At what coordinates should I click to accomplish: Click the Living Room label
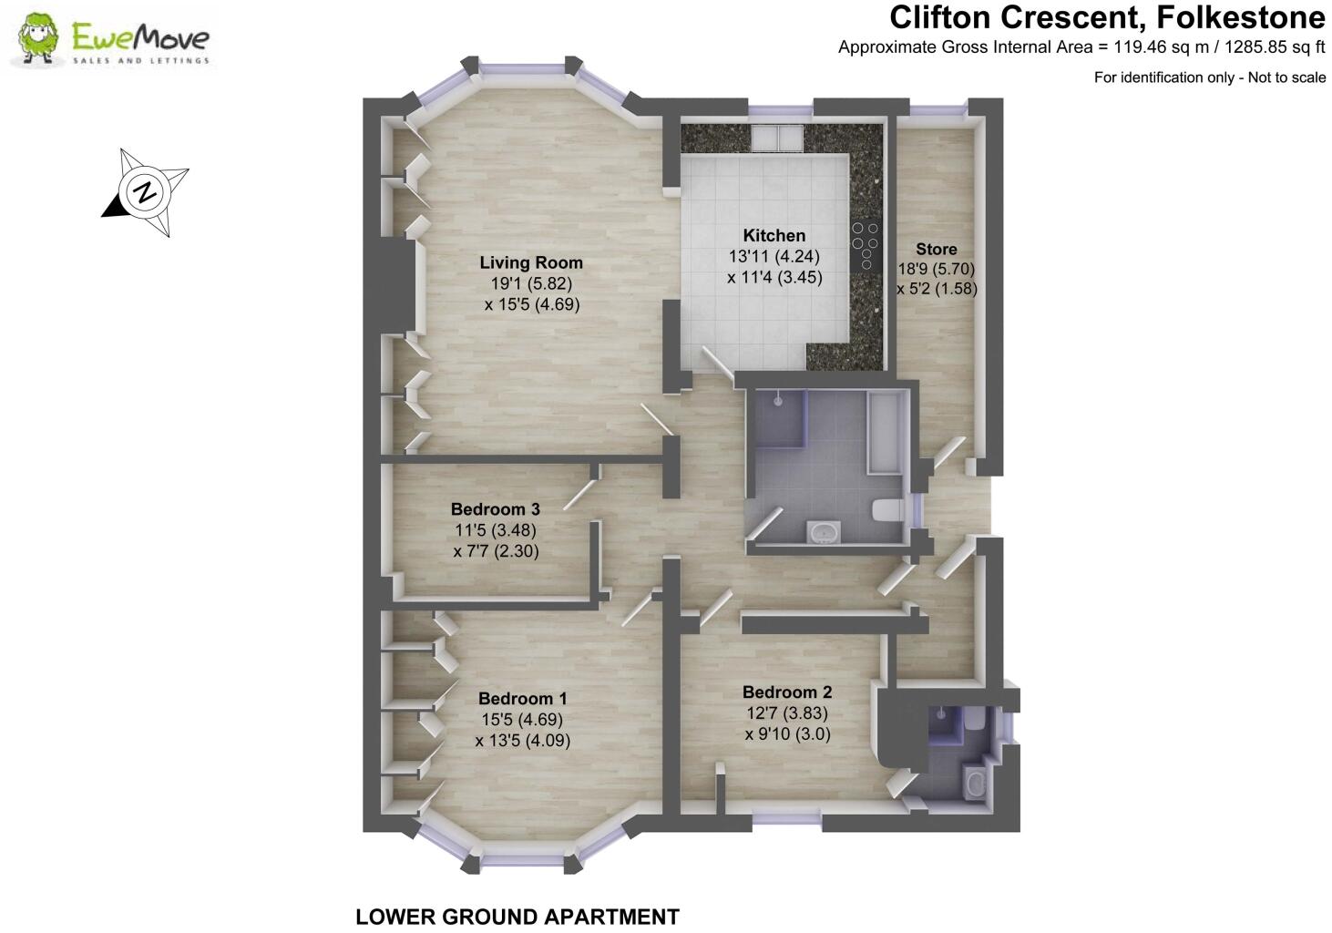pyautogui.click(x=531, y=262)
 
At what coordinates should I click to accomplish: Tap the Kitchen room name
pyautogui.click(x=774, y=235)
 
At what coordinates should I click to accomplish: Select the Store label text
pyautogui.click(x=936, y=249)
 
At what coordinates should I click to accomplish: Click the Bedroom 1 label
pyautogui.click(x=522, y=699)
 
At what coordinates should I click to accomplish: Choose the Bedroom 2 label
pyautogui.click(x=786, y=692)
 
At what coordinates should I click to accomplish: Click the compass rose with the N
pyautogui.click(x=144, y=192)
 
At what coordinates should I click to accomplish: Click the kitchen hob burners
pyautogui.click(x=865, y=241)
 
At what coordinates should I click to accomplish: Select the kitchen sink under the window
pyautogui.click(x=776, y=138)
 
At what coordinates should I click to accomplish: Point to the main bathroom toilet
pyautogui.click(x=886, y=510)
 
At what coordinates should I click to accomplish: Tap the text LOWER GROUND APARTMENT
pyautogui.click(x=517, y=917)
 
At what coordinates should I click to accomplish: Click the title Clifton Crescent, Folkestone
pyautogui.click(x=1107, y=17)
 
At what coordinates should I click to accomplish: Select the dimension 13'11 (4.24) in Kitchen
pyautogui.click(x=774, y=256)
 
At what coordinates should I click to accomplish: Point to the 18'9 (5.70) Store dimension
pyautogui.click(x=936, y=269)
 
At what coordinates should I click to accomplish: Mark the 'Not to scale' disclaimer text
pyautogui.click(x=1286, y=77)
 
